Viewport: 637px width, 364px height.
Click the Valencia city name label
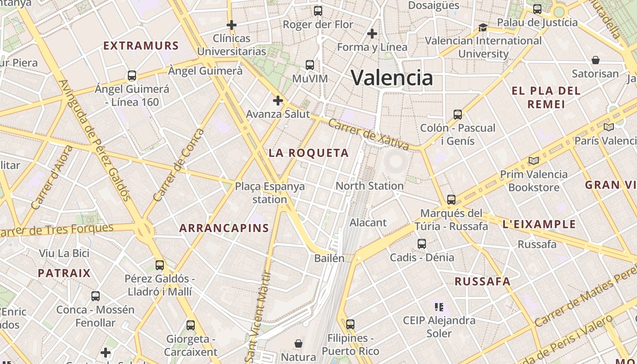(392, 77)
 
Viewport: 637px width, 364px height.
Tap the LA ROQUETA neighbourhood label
(308, 153)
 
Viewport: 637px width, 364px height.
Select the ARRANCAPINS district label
(224, 228)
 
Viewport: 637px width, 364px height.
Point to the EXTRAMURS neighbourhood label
(141, 46)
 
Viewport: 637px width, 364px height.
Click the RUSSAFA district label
(483, 281)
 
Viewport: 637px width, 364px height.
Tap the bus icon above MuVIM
(310, 65)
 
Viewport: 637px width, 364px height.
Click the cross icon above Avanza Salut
(278, 101)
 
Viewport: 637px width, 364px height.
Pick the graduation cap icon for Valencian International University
(483, 28)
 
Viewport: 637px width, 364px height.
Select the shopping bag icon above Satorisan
(595, 60)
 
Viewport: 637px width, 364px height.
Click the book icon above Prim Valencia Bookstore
(533, 161)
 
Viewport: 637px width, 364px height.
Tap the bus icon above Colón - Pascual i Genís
(458, 114)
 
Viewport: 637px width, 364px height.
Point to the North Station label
(369, 186)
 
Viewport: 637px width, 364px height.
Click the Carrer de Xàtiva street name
(369, 134)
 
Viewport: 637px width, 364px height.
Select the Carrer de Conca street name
(179, 165)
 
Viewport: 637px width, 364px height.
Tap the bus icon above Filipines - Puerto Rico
(350, 324)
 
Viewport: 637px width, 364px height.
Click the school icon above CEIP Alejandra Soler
(439, 307)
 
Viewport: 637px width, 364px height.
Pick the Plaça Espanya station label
(270, 192)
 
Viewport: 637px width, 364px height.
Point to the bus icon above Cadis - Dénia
(422, 243)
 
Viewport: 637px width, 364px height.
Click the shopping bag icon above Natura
(298, 343)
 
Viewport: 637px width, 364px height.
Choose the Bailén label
(329, 258)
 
